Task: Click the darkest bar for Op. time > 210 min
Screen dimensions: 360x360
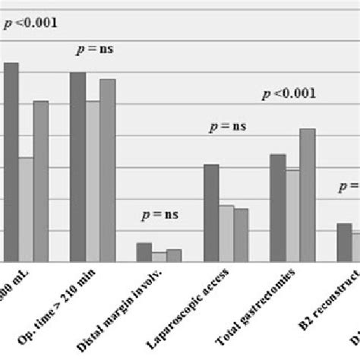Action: coord(77,167)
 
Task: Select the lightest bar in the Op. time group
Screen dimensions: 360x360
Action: coord(93,182)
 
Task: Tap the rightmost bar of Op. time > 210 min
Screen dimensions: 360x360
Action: coord(107,170)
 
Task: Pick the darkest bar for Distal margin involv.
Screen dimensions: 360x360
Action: coord(144,252)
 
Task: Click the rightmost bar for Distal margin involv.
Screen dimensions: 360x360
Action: coord(174,255)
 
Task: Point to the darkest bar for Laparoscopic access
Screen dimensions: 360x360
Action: coord(211,213)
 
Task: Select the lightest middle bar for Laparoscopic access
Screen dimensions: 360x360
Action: coord(226,233)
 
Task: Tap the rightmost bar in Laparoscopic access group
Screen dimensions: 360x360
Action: coord(241,235)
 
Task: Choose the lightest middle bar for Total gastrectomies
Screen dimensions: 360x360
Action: coord(292,216)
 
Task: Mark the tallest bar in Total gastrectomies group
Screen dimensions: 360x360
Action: coord(307,195)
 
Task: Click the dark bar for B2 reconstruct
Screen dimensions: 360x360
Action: coord(344,242)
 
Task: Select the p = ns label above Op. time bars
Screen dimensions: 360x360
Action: coord(94,51)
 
